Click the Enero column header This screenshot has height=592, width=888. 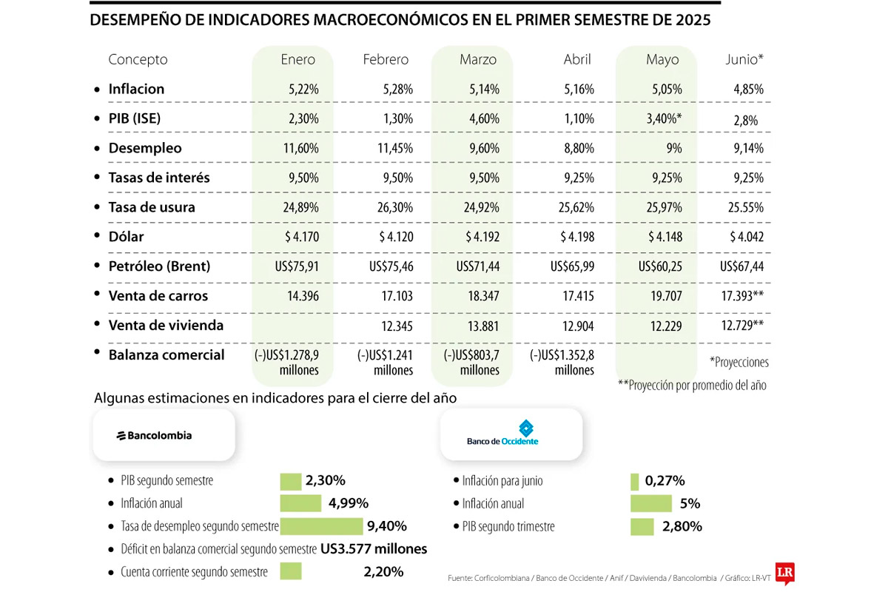[297, 60]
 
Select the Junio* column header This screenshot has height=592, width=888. [744, 60]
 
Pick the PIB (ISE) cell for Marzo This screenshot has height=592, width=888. [482, 119]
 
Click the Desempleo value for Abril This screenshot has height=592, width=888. [579, 149]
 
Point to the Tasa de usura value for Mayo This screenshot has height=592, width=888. [664, 208]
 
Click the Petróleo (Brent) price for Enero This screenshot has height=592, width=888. [294, 267]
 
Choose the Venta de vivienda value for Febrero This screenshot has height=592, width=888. [394, 326]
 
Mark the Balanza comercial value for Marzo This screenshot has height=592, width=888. [474, 363]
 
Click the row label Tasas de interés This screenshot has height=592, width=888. [159, 178]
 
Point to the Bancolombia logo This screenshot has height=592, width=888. [154, 436]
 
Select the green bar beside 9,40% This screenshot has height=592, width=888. [322, 526]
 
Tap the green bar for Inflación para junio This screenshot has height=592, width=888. [634, 481]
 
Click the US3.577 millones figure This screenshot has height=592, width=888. [374, 549]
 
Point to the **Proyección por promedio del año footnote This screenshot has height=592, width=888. [692, 386]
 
